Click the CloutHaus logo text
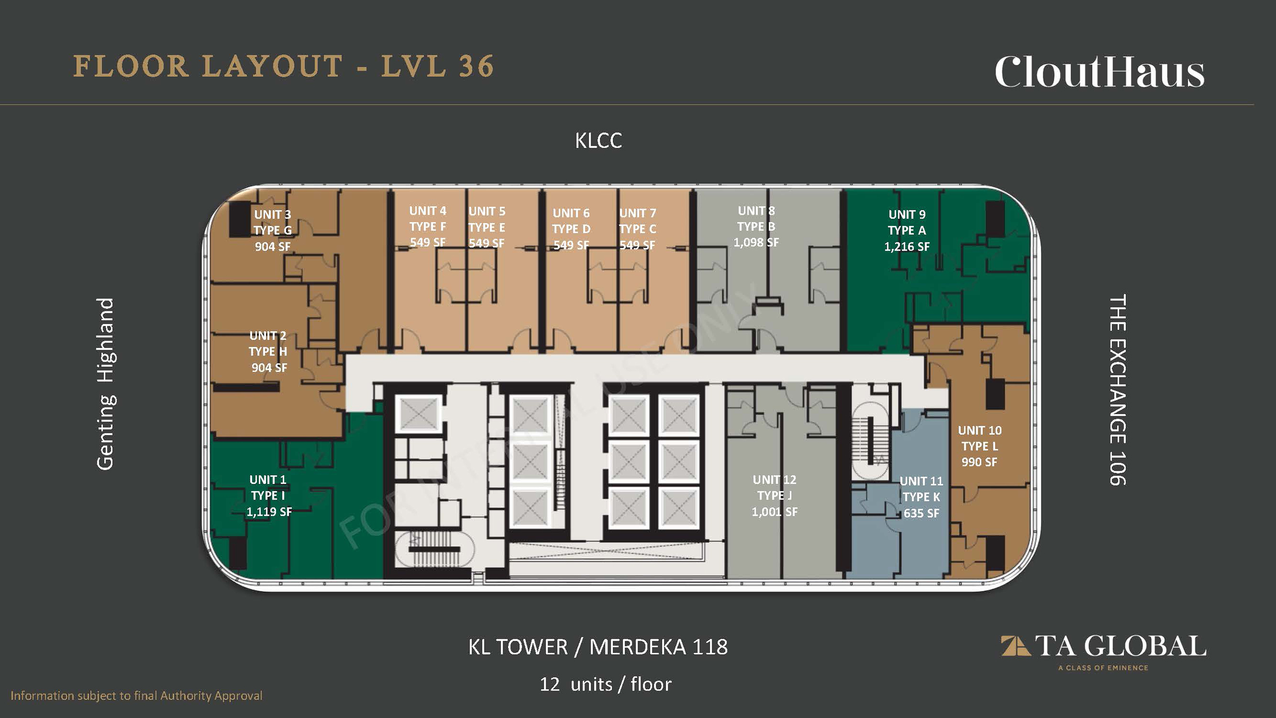pos(1100,72)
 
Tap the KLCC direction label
pos(599,141)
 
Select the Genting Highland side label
pos(106,384)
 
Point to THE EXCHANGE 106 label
pos(1117,390)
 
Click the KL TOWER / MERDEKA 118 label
pos(598,647)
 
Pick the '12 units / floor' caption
pos(606,684)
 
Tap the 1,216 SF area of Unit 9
pos(907,246)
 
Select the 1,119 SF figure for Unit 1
pos(269,512)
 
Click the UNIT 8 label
pos(756,211)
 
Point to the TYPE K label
pos(921,497)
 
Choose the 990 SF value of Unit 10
pos(979,462)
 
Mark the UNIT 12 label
pos(775,480)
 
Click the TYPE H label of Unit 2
pos(268,352)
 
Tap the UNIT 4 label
pos(428,211)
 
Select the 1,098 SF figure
pos(756,243)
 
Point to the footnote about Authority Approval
pos(136,696)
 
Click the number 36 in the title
pos(477,67)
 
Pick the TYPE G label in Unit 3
pos(273,230)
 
